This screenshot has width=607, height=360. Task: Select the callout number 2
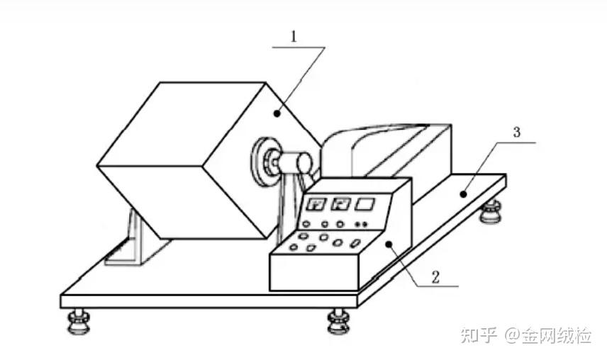435,276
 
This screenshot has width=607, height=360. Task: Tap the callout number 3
517,132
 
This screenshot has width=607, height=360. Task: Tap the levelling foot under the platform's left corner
78,322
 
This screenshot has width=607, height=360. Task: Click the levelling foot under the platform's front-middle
340,322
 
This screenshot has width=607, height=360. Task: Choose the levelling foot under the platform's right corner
490,210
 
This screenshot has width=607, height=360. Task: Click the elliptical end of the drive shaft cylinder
304,164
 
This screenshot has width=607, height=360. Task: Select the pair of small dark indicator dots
360,225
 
